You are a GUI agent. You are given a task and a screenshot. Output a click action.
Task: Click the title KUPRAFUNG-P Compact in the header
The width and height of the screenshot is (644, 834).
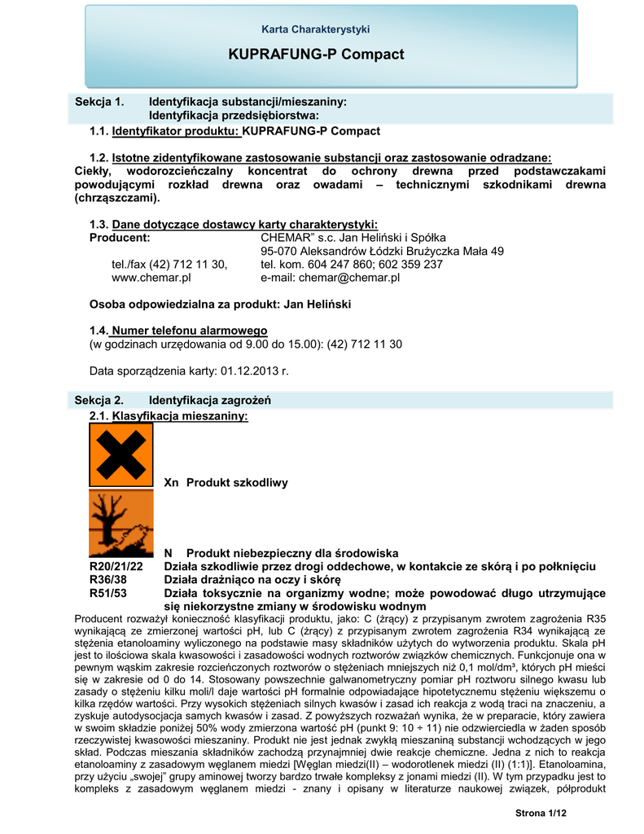[x=316, y=55]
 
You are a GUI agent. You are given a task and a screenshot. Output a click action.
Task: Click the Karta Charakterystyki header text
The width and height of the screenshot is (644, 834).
[x=316, y=29]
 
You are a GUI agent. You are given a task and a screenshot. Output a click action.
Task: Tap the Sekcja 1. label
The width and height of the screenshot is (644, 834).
[x=99, y=102]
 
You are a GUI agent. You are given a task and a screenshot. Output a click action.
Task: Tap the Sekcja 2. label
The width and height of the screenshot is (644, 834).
[x=99, y=400]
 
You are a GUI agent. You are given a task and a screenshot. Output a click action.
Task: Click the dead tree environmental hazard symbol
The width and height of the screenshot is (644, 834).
[x=121, y=523]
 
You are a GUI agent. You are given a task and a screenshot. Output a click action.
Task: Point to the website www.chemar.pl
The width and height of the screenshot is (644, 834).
[x=151, y=278]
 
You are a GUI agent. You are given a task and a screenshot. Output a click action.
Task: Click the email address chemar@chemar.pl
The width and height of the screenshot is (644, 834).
[x=349, y=278]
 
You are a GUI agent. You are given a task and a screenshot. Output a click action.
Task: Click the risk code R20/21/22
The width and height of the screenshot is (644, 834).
[x=116, y=567]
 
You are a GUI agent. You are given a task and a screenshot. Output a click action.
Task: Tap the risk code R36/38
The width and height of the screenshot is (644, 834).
[x=107, y=579]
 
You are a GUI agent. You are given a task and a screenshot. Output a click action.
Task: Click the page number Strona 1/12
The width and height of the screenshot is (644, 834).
[x=540, y=814]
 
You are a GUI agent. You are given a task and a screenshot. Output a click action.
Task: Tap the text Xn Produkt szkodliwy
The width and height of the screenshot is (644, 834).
[x=226, y=483]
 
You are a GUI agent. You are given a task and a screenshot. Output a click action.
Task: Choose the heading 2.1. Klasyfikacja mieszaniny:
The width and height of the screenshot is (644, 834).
[x=168, y=416]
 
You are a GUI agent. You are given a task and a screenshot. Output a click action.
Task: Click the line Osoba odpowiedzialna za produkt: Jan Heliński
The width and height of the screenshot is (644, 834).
[x=220, y=304]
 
